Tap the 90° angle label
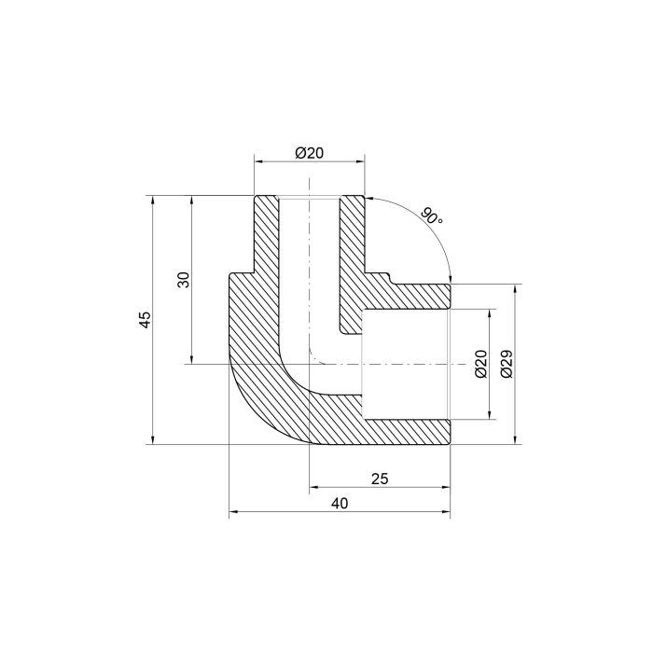(x=431, y=216)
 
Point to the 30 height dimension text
(x=185, y=280)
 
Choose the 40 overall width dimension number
(x=340, y=504)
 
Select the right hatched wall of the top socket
(x=352, y=252)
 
